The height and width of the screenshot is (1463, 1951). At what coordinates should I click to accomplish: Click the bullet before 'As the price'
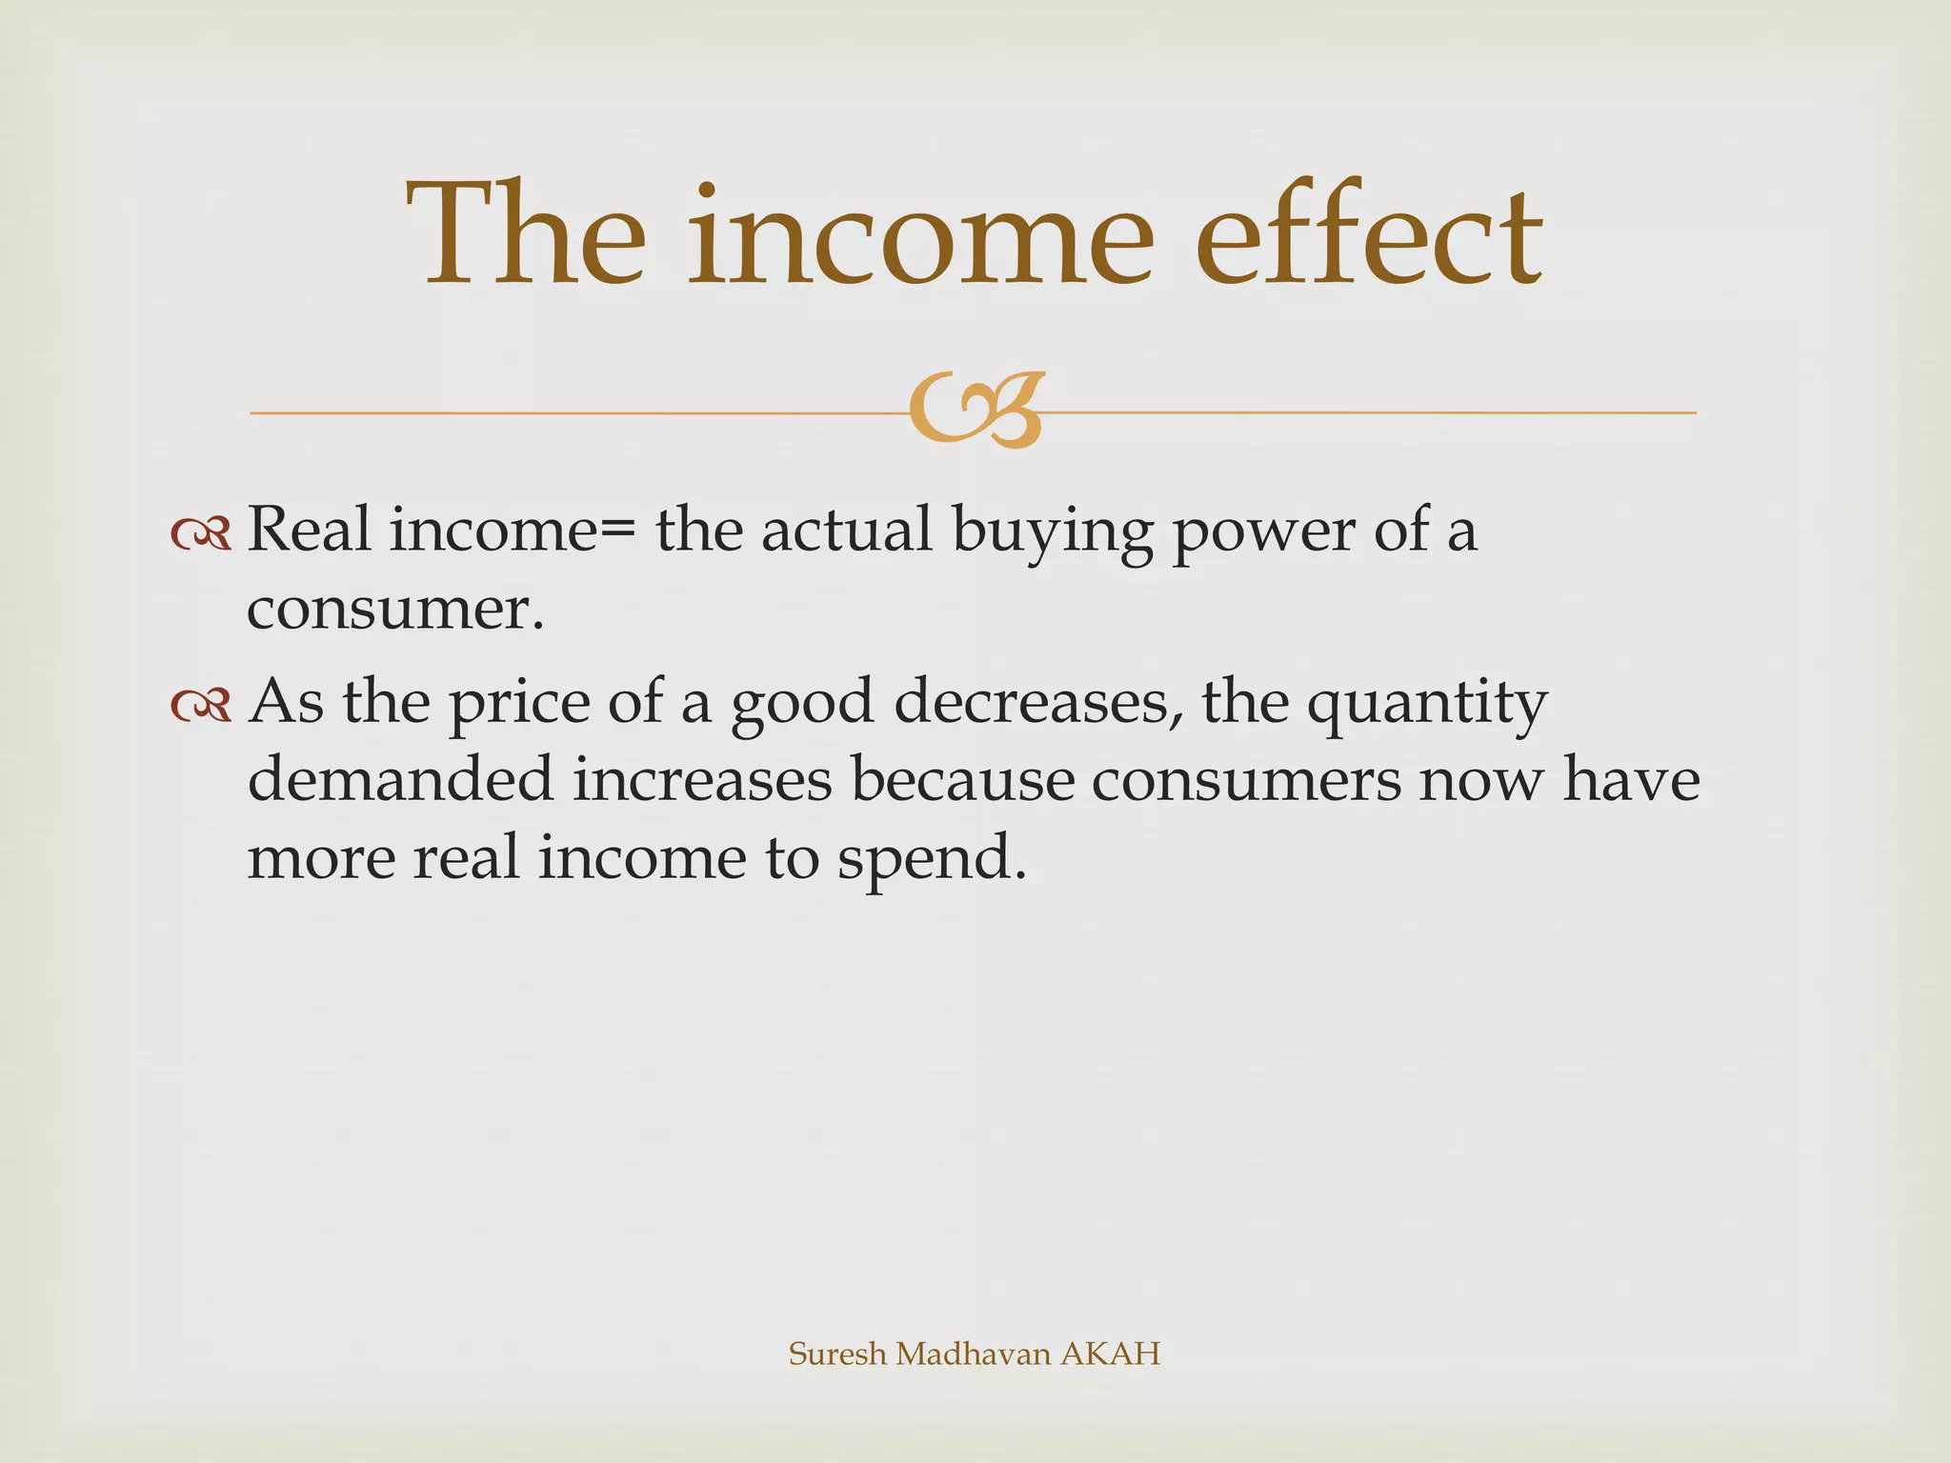(x=201, y=705)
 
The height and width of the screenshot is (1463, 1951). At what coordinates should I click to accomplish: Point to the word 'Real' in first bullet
(x=309, y=530)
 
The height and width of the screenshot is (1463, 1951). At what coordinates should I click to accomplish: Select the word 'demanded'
(x=400, y=779)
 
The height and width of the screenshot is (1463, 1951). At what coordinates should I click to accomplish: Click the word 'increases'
(x=703, y=779)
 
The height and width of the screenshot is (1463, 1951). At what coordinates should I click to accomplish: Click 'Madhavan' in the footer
(x=973, y=1353)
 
